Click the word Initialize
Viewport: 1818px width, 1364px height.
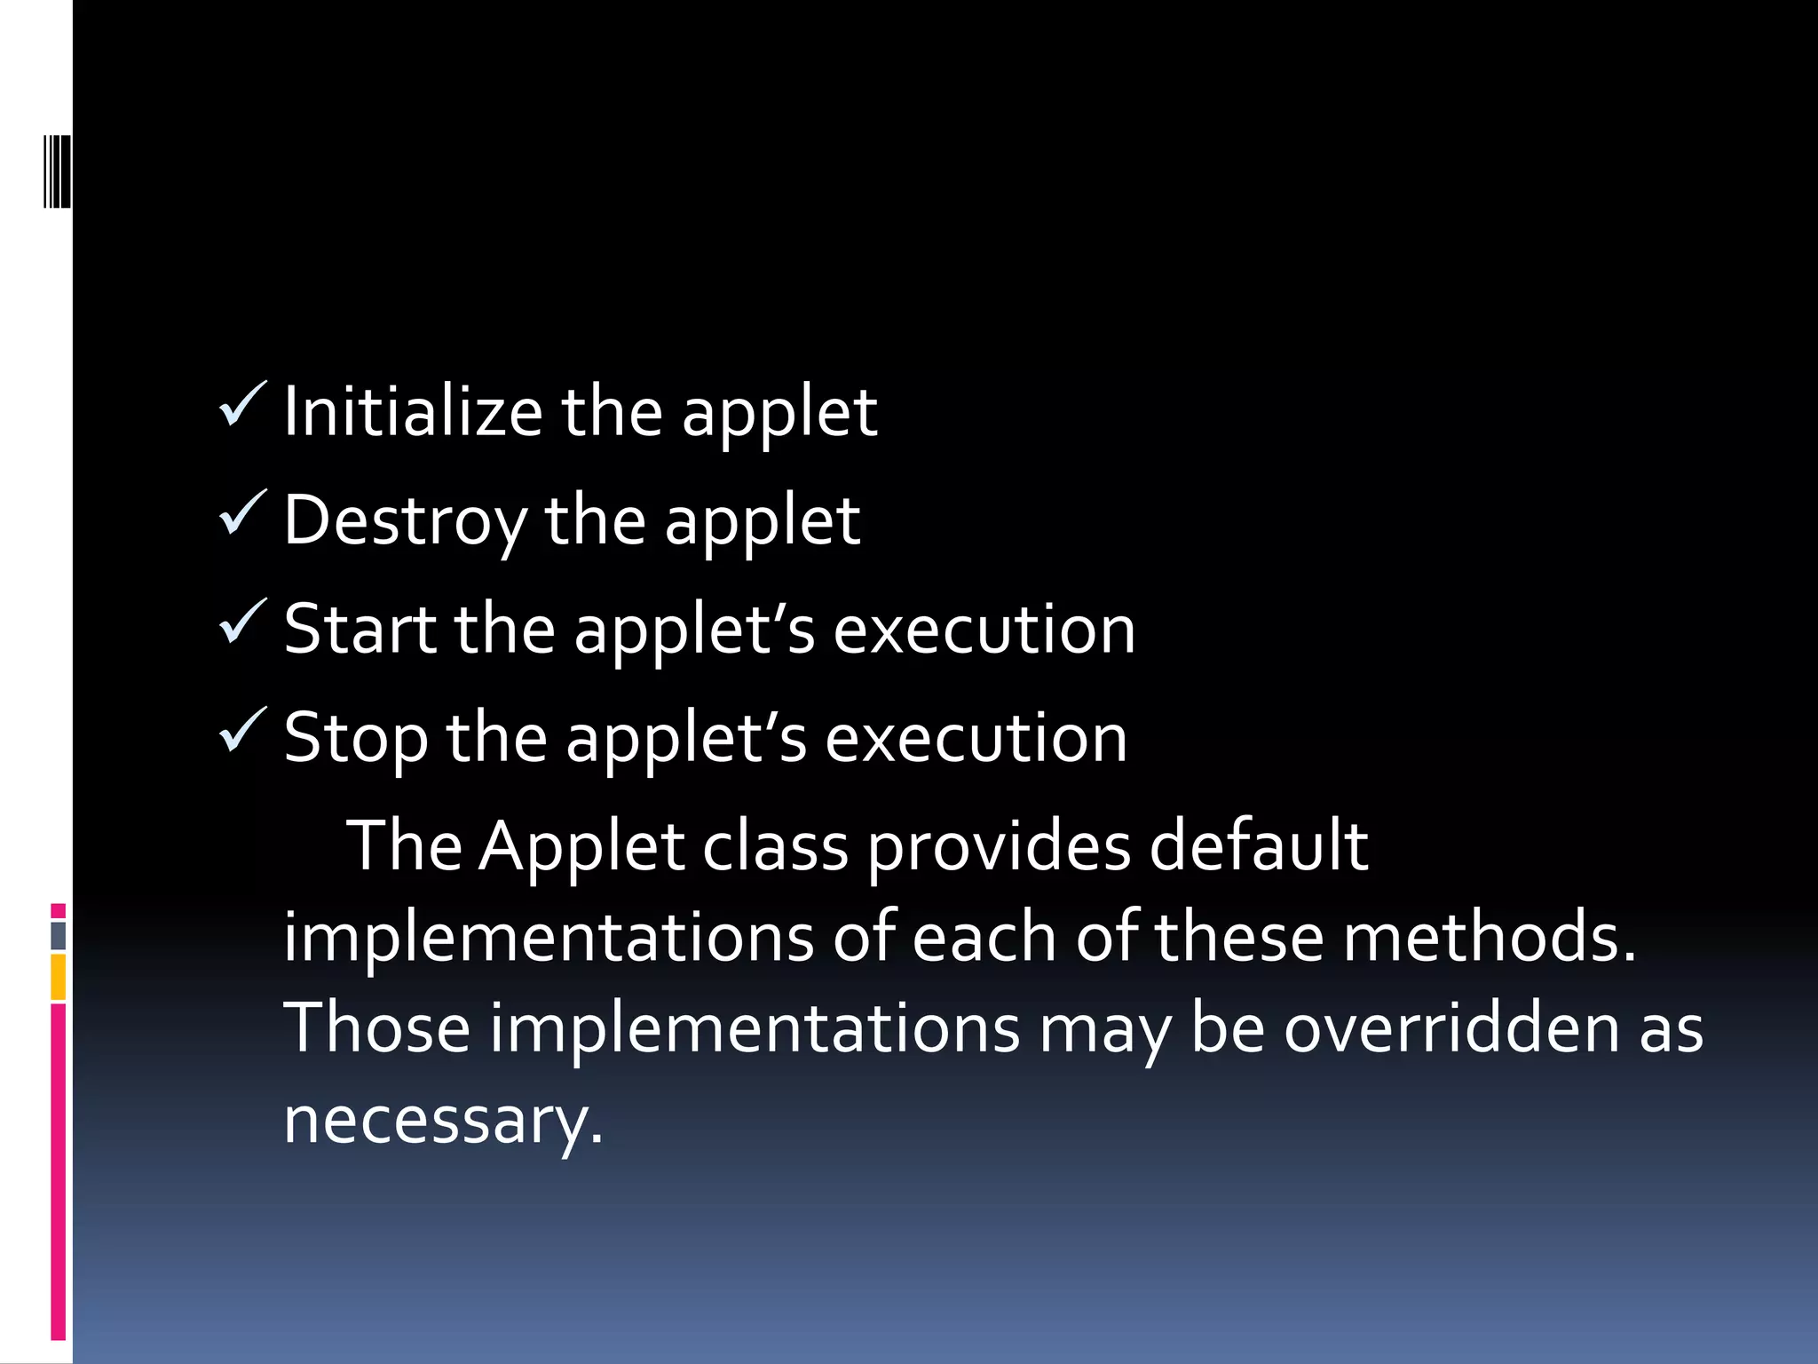pyautogui.click(x=413, y=413)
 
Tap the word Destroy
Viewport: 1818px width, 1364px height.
pyautogui.click(x=405, y=521)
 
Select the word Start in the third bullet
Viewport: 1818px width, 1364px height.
pyautogui.click(x=360, y=630)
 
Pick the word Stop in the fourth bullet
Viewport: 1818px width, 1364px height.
pyautogui.click(x=356, y=738)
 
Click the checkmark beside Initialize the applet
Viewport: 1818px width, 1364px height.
pyautogui.click(x=241, y=405)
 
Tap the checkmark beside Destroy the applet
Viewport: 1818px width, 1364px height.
pyautogui.click(x=241, y=513)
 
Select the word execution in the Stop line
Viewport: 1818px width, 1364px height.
pyautogui.click(x=976, y=738)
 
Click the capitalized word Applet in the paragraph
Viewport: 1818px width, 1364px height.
pyautogui.click(x=581, y=846)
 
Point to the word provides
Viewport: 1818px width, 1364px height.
pyautogui.click(x=999, y=848)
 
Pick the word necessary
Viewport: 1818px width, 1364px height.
pyautogui.click(x=442, y=1121)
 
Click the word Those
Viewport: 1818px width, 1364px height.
pyautogui.click(x=376, y=1028)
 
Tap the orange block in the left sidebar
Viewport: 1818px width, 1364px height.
pyautogui.click(x=58, y=977)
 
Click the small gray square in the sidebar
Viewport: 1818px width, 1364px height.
pyautogui.click(x=58, y=935)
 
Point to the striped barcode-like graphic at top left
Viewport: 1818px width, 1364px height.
pyautogui.click(x=58, y=171)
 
